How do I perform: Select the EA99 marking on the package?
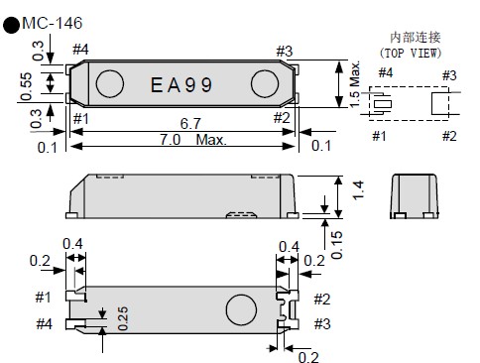(180, 85)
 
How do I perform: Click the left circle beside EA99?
(111, 84)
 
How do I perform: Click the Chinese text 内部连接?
(411, 36)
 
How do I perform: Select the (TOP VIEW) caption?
(411, 52)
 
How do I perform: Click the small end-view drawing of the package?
(416, 195)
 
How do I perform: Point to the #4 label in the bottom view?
(43, 324)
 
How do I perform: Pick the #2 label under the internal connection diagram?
(448, 136)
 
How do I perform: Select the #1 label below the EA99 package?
(80, 120)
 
